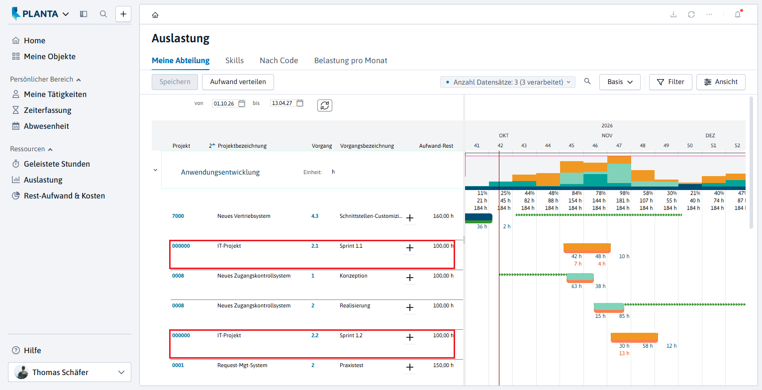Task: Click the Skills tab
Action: click(234, 61)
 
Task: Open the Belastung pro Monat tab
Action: click(350, 61)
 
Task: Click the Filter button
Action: click(670, 82)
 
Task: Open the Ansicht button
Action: click(721, 82)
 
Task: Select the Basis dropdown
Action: click(619, 82)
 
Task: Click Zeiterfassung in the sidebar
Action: click(47, 110)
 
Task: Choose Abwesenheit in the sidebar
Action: click(46, 126)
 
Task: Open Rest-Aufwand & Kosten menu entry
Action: click(64, 195)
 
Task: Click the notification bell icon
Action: click(738, 14)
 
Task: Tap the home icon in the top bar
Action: click(155, 15)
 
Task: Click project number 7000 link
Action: click(178, 216)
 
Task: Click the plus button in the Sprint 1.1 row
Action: click(410, 248)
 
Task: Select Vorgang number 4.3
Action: click(315, 216)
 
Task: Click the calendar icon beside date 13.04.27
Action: click(300, 103)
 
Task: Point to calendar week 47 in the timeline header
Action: click(619, 146)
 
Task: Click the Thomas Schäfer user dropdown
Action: click(70, 372)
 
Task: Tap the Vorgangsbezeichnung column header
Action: click(367, 146)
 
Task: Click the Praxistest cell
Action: click(351, 365)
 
